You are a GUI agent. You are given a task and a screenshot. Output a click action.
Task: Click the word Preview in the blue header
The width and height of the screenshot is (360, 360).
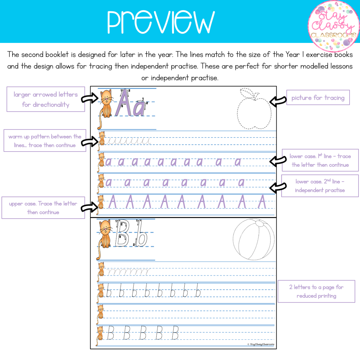pyautogui.click(x=161, y=22)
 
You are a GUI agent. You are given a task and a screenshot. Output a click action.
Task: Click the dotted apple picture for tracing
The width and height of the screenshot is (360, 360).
pyautogui.click(x=254, y=110)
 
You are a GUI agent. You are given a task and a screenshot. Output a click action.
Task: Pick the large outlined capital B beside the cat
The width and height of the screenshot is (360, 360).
pyautogui.click(x=122, y=233)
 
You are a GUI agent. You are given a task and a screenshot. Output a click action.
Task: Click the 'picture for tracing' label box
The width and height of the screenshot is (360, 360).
pyautogui.click(x=318, y=98)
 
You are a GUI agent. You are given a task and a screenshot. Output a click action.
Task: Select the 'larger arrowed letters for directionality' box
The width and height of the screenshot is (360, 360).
pyautogui.click(x=46, y=99)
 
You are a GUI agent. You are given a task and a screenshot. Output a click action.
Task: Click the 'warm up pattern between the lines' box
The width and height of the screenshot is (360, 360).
pyautogui.click(x=45, y=141)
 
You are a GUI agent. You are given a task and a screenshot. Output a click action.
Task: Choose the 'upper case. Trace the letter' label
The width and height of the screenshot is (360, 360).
pyautogui.click(x=43, y=208)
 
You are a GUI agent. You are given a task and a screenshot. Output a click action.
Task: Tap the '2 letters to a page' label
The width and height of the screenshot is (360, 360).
pyautogui.click(x=316, y=291)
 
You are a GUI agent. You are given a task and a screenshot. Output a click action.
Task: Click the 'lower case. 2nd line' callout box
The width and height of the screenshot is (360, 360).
pyautogui.click(x=320, y=186)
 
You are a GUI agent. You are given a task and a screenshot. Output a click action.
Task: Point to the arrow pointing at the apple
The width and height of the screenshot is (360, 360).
pyautogui.click(x=278, y=101)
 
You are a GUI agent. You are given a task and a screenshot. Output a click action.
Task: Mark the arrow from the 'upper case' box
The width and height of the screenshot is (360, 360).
pyautogui.click(x=90, y=207)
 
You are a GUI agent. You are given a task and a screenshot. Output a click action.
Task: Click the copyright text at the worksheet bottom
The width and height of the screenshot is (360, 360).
pyautogui.click(x=261, y=344)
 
